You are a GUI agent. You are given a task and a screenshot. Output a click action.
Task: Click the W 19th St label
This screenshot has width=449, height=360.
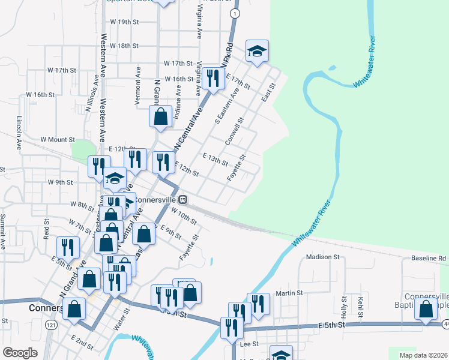124,22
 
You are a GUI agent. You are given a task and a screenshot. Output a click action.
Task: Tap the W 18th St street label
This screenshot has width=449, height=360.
124,46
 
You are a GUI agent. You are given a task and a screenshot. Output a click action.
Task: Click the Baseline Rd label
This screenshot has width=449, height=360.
429,259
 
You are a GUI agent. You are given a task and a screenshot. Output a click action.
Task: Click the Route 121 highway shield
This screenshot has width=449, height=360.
52,325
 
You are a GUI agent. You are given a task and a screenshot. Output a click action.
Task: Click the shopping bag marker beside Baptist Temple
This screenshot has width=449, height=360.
426,310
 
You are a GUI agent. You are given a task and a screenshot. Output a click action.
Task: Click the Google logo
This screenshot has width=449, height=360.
20,353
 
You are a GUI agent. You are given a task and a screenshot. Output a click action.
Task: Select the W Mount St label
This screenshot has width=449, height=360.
57,139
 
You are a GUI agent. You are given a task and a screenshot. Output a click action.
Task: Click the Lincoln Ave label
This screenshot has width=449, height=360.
19,133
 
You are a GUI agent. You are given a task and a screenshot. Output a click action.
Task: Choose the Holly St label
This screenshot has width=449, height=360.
345,307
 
